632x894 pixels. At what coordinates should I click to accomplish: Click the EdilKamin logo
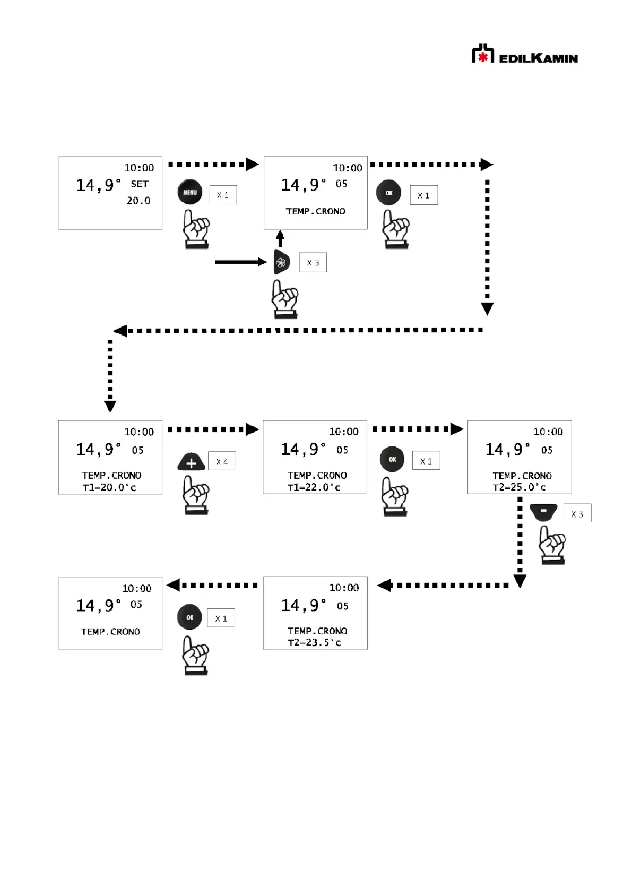click(x=524, y=55)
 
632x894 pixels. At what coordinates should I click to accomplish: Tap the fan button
click(x=281, y=262)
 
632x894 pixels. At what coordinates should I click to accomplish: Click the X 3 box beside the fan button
click(x=313, y=263)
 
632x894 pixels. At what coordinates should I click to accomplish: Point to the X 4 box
click(x=222, y=461)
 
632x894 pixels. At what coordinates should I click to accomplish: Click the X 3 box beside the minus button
click(x=577, y=514)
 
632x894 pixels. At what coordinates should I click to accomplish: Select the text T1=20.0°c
click(x=110, y=487)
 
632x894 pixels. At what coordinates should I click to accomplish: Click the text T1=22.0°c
click(x=314, y=487)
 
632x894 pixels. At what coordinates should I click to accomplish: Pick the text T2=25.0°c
click(x=519, y=487)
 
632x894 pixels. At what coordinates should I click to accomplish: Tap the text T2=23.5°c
click(x=315, y=642)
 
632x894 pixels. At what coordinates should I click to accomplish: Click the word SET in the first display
click(x=140, y=184)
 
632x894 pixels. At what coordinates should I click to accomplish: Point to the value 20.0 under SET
click(x=138, y=201)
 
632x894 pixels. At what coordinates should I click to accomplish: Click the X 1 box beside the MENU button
click(x=223, y=195)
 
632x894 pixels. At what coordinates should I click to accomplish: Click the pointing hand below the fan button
click(x=284, y=299)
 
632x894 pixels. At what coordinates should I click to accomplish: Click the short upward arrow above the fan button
click(x=280, y=238)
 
